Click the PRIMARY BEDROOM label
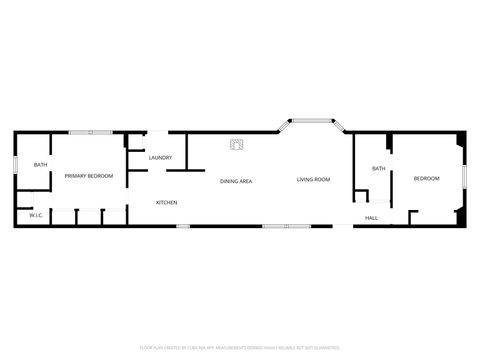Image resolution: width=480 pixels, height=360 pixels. (x=89, y=176)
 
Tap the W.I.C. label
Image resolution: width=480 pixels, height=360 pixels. (x=34, y=215)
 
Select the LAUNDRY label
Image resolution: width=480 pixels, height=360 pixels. (x=160, y=158)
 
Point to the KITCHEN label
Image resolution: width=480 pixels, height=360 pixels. (x=166, y=203)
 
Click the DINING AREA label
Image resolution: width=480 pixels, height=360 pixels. (x=236, y=181)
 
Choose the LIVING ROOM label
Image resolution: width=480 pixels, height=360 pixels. (x=313, y=180)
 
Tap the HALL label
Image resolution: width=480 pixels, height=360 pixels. (x=371, y=218)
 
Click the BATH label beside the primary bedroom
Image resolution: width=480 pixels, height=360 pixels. (x=40, y=165)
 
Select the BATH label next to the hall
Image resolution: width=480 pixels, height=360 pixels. (x=378, y=169)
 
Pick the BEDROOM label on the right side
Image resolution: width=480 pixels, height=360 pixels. (x=427, y=178)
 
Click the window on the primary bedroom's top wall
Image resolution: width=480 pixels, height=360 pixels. (x=89, y=133)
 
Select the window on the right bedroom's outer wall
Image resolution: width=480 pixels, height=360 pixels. (x=464, y=179)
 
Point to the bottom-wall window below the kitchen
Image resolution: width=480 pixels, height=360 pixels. (x=183, y=226)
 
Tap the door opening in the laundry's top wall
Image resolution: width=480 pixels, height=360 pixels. (x=159, y=133)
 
